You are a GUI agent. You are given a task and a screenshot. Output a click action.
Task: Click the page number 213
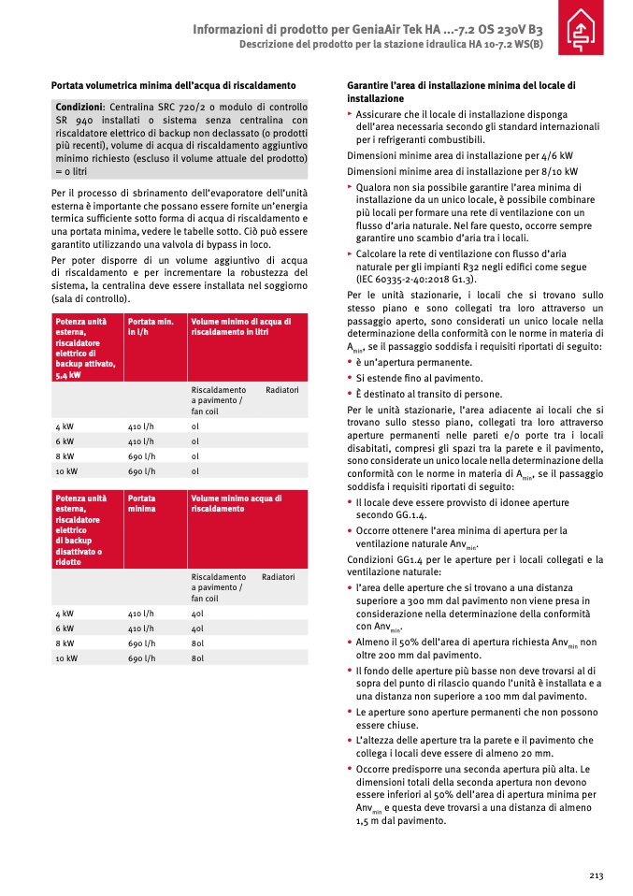(x=596, y=875)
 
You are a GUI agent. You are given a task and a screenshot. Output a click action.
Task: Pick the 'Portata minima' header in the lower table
(x=142, y=503)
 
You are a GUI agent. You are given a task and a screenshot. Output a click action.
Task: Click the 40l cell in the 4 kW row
(x=197, y=614)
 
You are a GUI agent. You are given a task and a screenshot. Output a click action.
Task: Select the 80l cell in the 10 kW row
(x=197, y=658)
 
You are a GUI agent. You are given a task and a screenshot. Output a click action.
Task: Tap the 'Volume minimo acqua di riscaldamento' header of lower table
(x=237, y=503)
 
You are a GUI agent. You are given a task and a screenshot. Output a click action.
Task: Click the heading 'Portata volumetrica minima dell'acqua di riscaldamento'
(x=173, y=86)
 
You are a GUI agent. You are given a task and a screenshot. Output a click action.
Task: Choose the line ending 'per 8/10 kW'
(x=462, y=172)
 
